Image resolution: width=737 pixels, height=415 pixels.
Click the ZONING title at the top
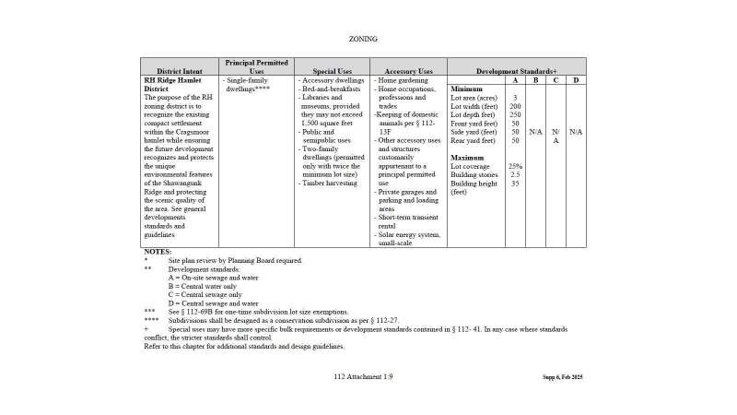click(x=363, y=39)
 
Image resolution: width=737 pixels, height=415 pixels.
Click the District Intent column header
click(x=180, y=71)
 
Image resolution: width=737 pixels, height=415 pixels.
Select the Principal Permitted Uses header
click(x=257, y=66)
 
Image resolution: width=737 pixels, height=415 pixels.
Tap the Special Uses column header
click(x=332, y=71)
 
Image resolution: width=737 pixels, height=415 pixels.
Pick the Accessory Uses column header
click(x=408, y=71)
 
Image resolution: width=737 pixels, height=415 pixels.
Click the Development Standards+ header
click(x=517, y=71)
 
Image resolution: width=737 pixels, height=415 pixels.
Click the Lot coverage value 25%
click(x=515, y=166)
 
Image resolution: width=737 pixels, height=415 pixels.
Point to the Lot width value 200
click(x=515, y=106)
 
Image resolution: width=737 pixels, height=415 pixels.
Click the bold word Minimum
click(x=467, y=89)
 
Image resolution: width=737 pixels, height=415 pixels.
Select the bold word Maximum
click(x=468, y=158)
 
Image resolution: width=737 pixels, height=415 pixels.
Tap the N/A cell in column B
click(x=535, y=132)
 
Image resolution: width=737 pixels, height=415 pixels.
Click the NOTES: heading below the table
click(x=158, y=252)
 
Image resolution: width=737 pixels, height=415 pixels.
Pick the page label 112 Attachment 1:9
click(x=363, y=377)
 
